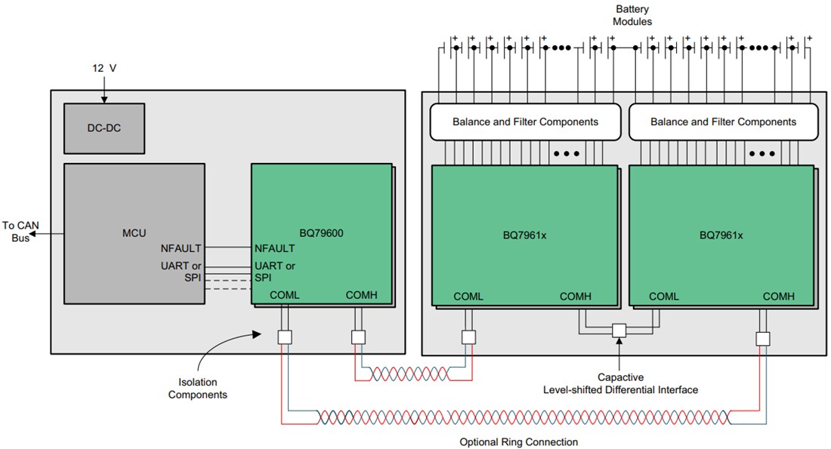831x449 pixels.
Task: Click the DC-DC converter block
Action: [103, 128]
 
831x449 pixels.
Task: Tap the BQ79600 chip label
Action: [321, 233]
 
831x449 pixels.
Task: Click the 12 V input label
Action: [103, 68]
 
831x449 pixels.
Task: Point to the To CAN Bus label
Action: [19, 231]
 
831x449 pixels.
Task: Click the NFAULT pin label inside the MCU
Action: [181, 248]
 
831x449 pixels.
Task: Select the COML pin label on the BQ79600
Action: [285, 295]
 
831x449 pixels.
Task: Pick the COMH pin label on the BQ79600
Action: [361, 295]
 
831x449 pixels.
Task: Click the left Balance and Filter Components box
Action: [525, 121]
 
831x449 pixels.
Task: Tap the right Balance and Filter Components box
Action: [723, 121]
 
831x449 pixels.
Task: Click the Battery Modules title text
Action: [632, 15]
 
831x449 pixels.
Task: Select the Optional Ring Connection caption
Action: [518, 441]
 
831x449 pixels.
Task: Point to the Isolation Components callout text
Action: [198, 388]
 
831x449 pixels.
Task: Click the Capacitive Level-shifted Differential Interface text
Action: [620, 383]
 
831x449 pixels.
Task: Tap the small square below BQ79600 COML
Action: [285, 338]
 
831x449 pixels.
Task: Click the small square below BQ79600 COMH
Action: [359, 338]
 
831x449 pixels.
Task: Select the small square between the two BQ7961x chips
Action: [619, 331]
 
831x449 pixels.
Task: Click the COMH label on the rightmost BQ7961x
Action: [778, 297]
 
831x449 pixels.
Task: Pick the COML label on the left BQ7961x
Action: [468, 297]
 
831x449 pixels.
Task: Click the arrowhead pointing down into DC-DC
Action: [103, 99]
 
